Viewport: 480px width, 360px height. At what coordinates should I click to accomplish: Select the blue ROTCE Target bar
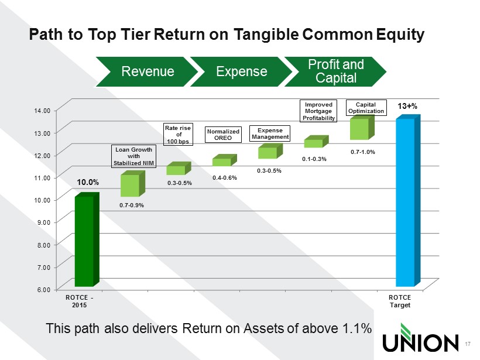408,201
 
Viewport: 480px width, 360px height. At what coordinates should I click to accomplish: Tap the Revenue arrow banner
148,71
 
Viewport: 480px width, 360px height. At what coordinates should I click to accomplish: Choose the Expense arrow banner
242,71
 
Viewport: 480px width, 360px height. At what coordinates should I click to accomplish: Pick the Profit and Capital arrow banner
335,71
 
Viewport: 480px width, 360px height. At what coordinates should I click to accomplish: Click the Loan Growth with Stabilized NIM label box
133,156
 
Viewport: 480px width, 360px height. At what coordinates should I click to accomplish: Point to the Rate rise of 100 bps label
178,135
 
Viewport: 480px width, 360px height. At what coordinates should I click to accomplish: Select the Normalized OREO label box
223,135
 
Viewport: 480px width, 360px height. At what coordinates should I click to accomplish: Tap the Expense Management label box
270,133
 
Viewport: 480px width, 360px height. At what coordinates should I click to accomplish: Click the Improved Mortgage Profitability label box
318,111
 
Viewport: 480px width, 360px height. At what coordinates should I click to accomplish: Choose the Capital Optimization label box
366,108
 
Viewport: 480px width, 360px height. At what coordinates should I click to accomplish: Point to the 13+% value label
407,106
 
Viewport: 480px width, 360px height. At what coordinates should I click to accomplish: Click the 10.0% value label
88,183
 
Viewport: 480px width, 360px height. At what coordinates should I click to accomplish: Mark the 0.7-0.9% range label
132,205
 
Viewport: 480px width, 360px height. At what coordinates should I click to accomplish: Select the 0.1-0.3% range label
314,159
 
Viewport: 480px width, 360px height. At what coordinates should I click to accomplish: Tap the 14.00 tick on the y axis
42,111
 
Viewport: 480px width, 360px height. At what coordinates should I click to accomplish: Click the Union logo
420,338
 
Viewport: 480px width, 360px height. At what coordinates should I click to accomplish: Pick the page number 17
468,344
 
